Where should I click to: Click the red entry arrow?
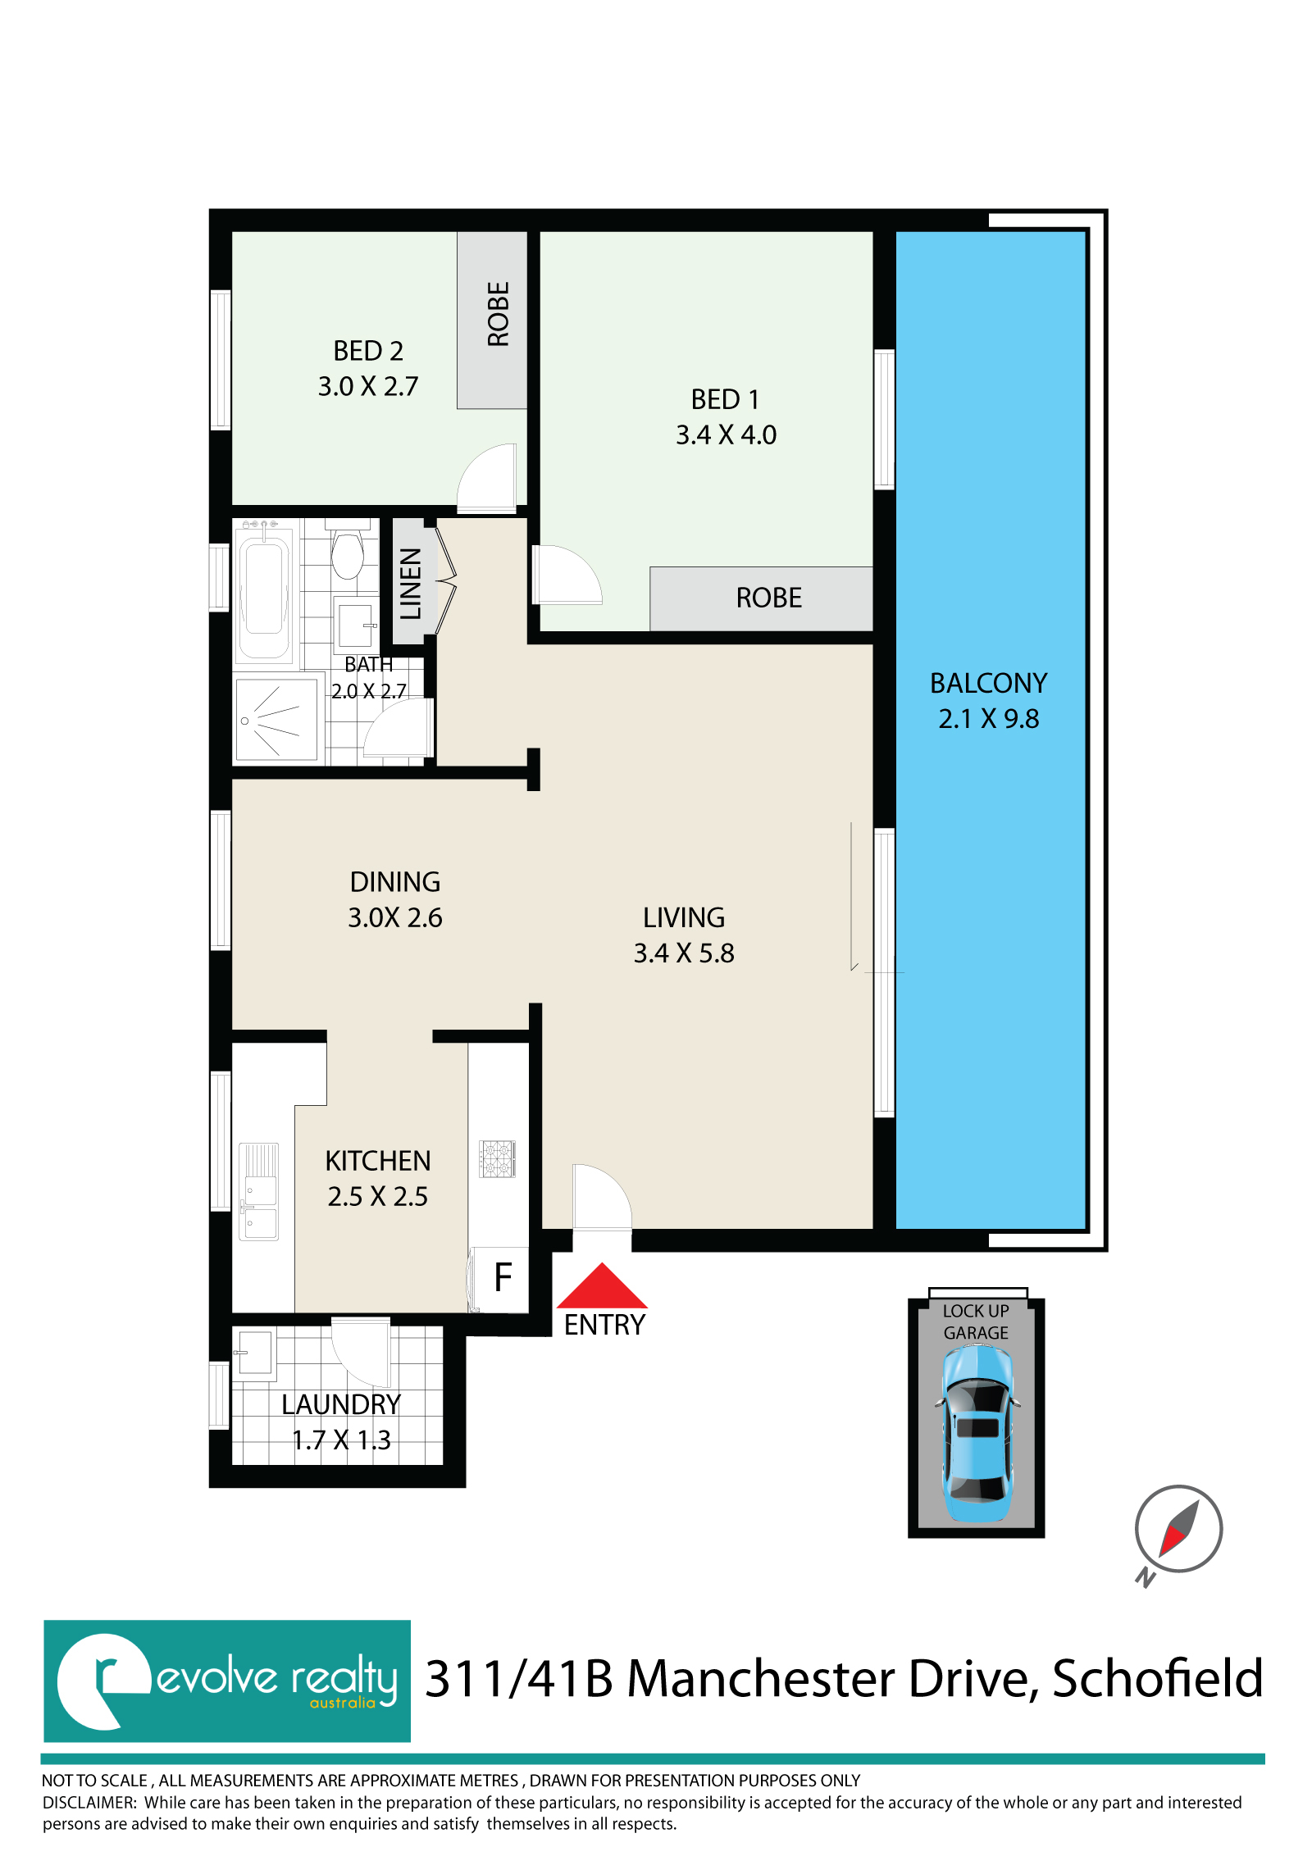[x=602, y=1287]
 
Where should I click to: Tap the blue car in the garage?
[x=977, y=1434]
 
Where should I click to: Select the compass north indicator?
[x=1178, y=1531]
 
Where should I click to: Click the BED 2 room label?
[x=368, y=351]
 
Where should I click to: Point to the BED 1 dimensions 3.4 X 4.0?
[x=726, y=434]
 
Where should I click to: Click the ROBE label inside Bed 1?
[x=768, y=598]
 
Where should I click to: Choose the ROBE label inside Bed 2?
[x=498, y=314]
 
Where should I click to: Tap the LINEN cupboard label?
[x=410, y=583]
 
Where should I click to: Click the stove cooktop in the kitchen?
[x=497, y=1159]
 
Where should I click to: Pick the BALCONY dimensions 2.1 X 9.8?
[x=989, y=719]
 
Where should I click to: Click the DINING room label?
[x=395, y=882]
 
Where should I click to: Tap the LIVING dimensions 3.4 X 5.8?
[x=684, y=953]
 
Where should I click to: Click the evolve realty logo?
[x=227, y=1681]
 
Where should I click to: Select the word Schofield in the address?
[x=1157, y=1679]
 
